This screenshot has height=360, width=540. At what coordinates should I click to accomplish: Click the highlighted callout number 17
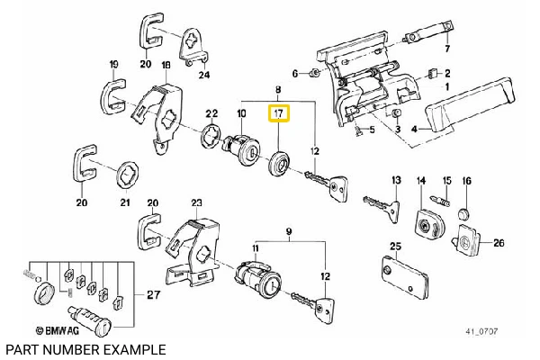point(279,114)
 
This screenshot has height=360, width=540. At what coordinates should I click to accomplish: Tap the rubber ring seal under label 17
point(281,165)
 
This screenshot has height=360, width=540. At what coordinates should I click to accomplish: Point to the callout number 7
point(446,48)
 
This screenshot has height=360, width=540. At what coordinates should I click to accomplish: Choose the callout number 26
point(499,241)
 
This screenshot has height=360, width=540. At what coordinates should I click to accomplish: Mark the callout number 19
point(114,65)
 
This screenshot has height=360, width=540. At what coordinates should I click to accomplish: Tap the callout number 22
point(212,113)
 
